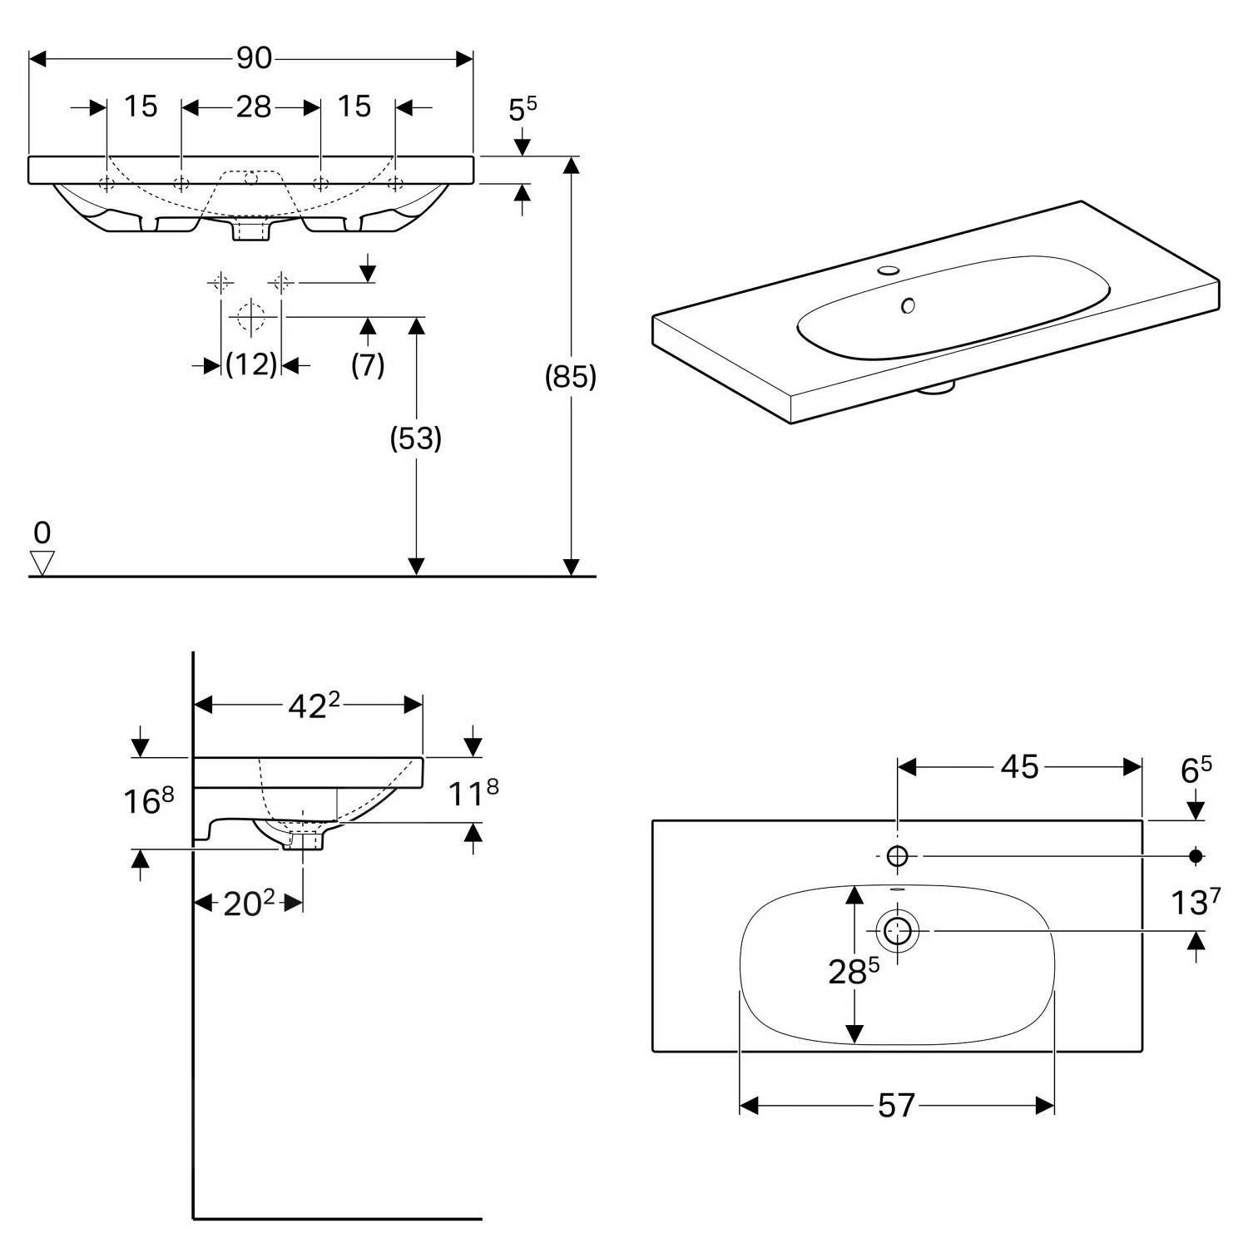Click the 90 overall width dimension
coord(254,58)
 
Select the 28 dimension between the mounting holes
coord(254,106)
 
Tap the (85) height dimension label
coord(571,377)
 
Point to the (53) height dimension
coord(416,438)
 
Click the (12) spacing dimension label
coord(251,364)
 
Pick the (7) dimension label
coord(368,364)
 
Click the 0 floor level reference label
coord(42,532)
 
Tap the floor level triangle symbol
coord(42,563)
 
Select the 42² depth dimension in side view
coord(314,706)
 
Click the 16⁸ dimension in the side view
coord(149,800)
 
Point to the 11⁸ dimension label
coord(473,793)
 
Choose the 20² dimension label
coord(249,904)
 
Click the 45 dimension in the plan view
coord(1020,766)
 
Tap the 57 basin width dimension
coord(896,1106)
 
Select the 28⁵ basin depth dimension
coord(854,970)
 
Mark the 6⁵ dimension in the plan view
coord(1196,770)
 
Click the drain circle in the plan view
coord(897,929)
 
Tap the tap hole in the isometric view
coord(889,270)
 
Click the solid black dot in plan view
coord(1196,855)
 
